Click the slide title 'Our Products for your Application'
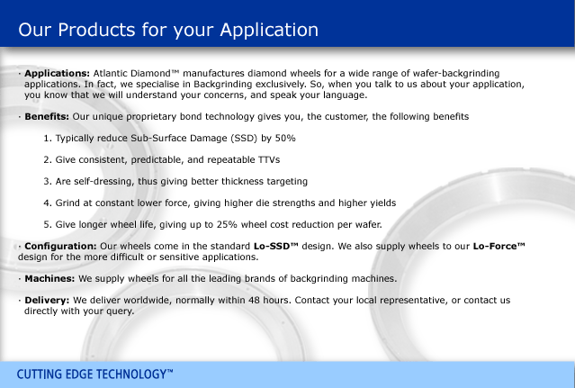[x=168, y=30]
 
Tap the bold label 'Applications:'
[x=58, y=74]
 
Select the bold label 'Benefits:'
[x=47, y=117]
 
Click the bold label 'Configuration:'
[x=60, y=246]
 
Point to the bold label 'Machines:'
[x=49, y=279]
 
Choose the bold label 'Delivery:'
[x=47, y=301]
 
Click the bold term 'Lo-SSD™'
[x=275, y=246]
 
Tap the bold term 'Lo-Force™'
[x=499, y=246]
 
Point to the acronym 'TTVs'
[x=269, y=160]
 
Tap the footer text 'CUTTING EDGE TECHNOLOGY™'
[x=94, y=374]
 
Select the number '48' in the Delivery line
[x=254, y=301]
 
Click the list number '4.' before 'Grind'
[x=48, y=203]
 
